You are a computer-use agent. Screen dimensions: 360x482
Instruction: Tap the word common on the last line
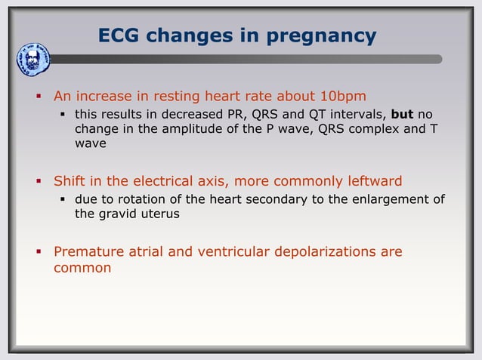(82, 268)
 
